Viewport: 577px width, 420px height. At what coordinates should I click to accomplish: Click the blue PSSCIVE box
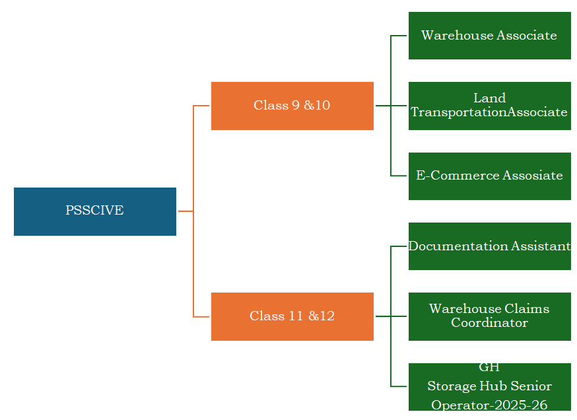pos(95,212)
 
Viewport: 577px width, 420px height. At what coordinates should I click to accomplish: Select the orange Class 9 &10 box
pos(292,106)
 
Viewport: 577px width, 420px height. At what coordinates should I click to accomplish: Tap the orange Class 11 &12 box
pos(292,316)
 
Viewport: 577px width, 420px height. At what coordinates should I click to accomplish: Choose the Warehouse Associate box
pos(490,36)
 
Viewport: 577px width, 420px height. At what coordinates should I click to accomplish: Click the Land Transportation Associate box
pos(490,106)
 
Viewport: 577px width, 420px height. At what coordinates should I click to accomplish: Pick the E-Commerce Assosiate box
pos(490,176)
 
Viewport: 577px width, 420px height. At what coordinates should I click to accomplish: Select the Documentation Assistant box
pos(490,246)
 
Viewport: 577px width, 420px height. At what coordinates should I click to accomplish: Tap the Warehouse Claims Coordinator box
pos(490,316)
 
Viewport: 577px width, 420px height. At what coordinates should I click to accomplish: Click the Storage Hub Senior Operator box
pos(490,387)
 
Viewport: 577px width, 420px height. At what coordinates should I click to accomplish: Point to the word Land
pos(489,98)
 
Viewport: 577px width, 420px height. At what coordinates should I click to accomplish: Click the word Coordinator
pos(489,323)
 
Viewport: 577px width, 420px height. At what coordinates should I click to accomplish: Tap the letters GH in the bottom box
pos(489,368)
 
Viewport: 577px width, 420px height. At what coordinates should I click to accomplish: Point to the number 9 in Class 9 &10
pos(296,105)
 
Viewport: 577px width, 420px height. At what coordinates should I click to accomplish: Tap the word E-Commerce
pos(458,175)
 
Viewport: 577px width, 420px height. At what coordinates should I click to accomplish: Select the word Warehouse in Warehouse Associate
pos(458,36)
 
